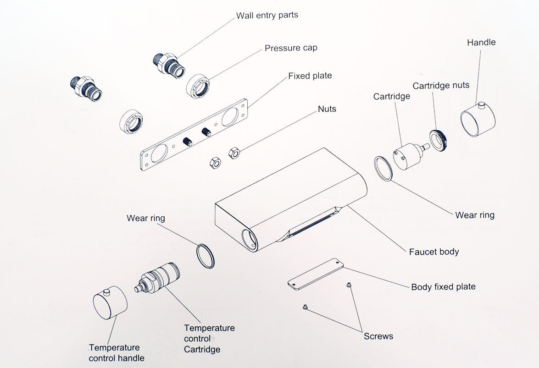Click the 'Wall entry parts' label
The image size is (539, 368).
coord(267,15)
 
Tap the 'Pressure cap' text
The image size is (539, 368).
coord(291,48)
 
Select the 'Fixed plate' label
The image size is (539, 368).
coord(310,76)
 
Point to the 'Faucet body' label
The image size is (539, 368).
coord(433,252)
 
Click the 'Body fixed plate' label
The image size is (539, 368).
coord(443,287)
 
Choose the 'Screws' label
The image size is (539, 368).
coord(378,336)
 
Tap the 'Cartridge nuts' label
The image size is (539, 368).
coord(441,86)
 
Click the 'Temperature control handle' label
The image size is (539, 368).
coord(117,353)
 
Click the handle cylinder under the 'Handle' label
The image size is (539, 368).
coord(478,121)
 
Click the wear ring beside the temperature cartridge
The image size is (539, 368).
coord(205,256)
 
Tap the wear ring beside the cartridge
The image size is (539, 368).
coord(383,169)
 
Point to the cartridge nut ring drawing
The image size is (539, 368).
coord(438,140)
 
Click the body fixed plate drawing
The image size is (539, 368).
coord(316,274)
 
